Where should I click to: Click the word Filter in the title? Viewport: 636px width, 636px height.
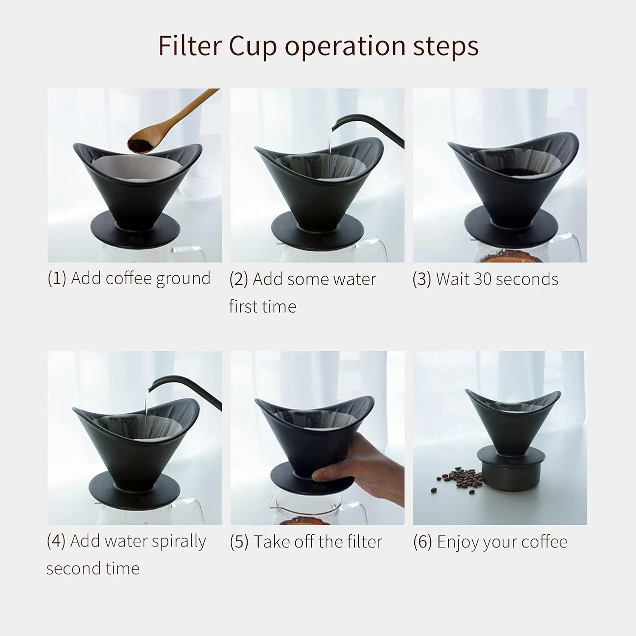click(x=190, y=45)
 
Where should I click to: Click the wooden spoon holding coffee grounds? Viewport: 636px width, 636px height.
click(x=170, y=124)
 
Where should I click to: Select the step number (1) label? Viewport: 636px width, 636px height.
click(x=57, y=279)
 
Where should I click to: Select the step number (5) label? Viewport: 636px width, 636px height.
click(x=239, y=542)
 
